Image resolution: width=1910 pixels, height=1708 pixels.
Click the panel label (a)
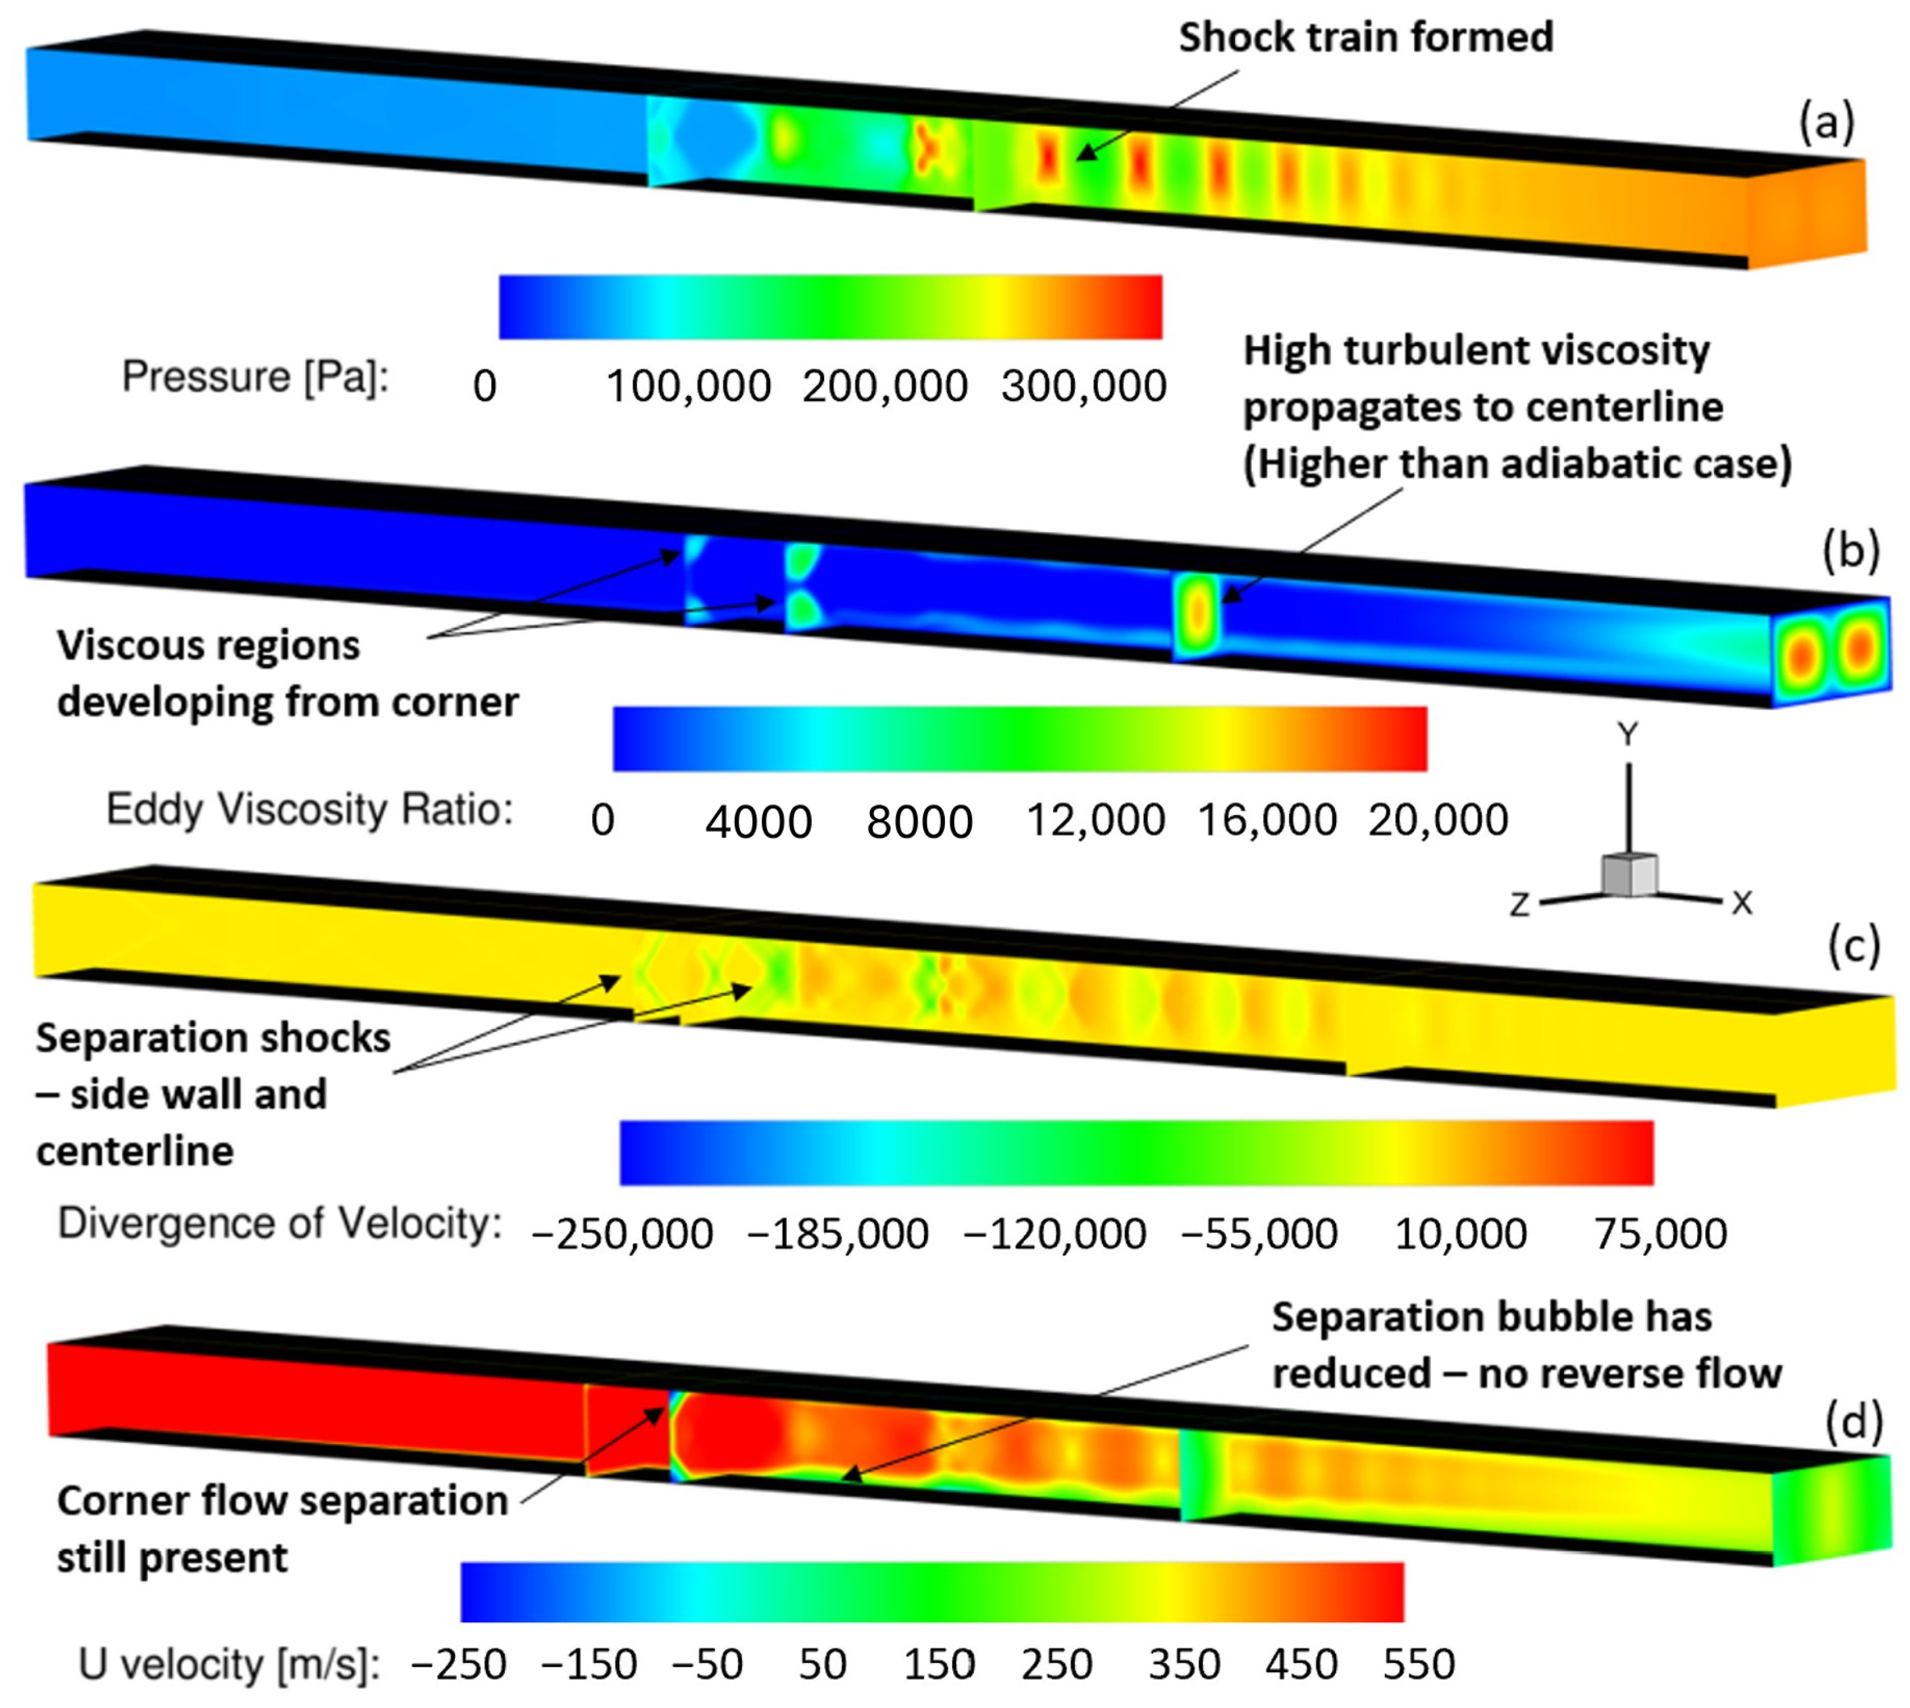[x=1826, y=121]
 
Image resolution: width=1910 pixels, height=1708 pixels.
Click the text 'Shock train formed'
[x=1366, y=37]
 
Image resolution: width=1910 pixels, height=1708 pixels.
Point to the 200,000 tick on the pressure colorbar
[x=884, y=386]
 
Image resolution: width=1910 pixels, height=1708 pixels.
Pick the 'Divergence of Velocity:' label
[x=279, y=1223]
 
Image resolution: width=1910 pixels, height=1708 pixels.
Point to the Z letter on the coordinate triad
[x=1519, y=905]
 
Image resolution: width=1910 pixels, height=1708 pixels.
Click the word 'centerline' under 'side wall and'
[x=135, y=1150]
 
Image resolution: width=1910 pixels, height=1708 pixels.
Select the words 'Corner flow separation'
[x=282, y=1501]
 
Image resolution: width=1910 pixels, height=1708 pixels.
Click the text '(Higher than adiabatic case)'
[x=1517, y=464]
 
